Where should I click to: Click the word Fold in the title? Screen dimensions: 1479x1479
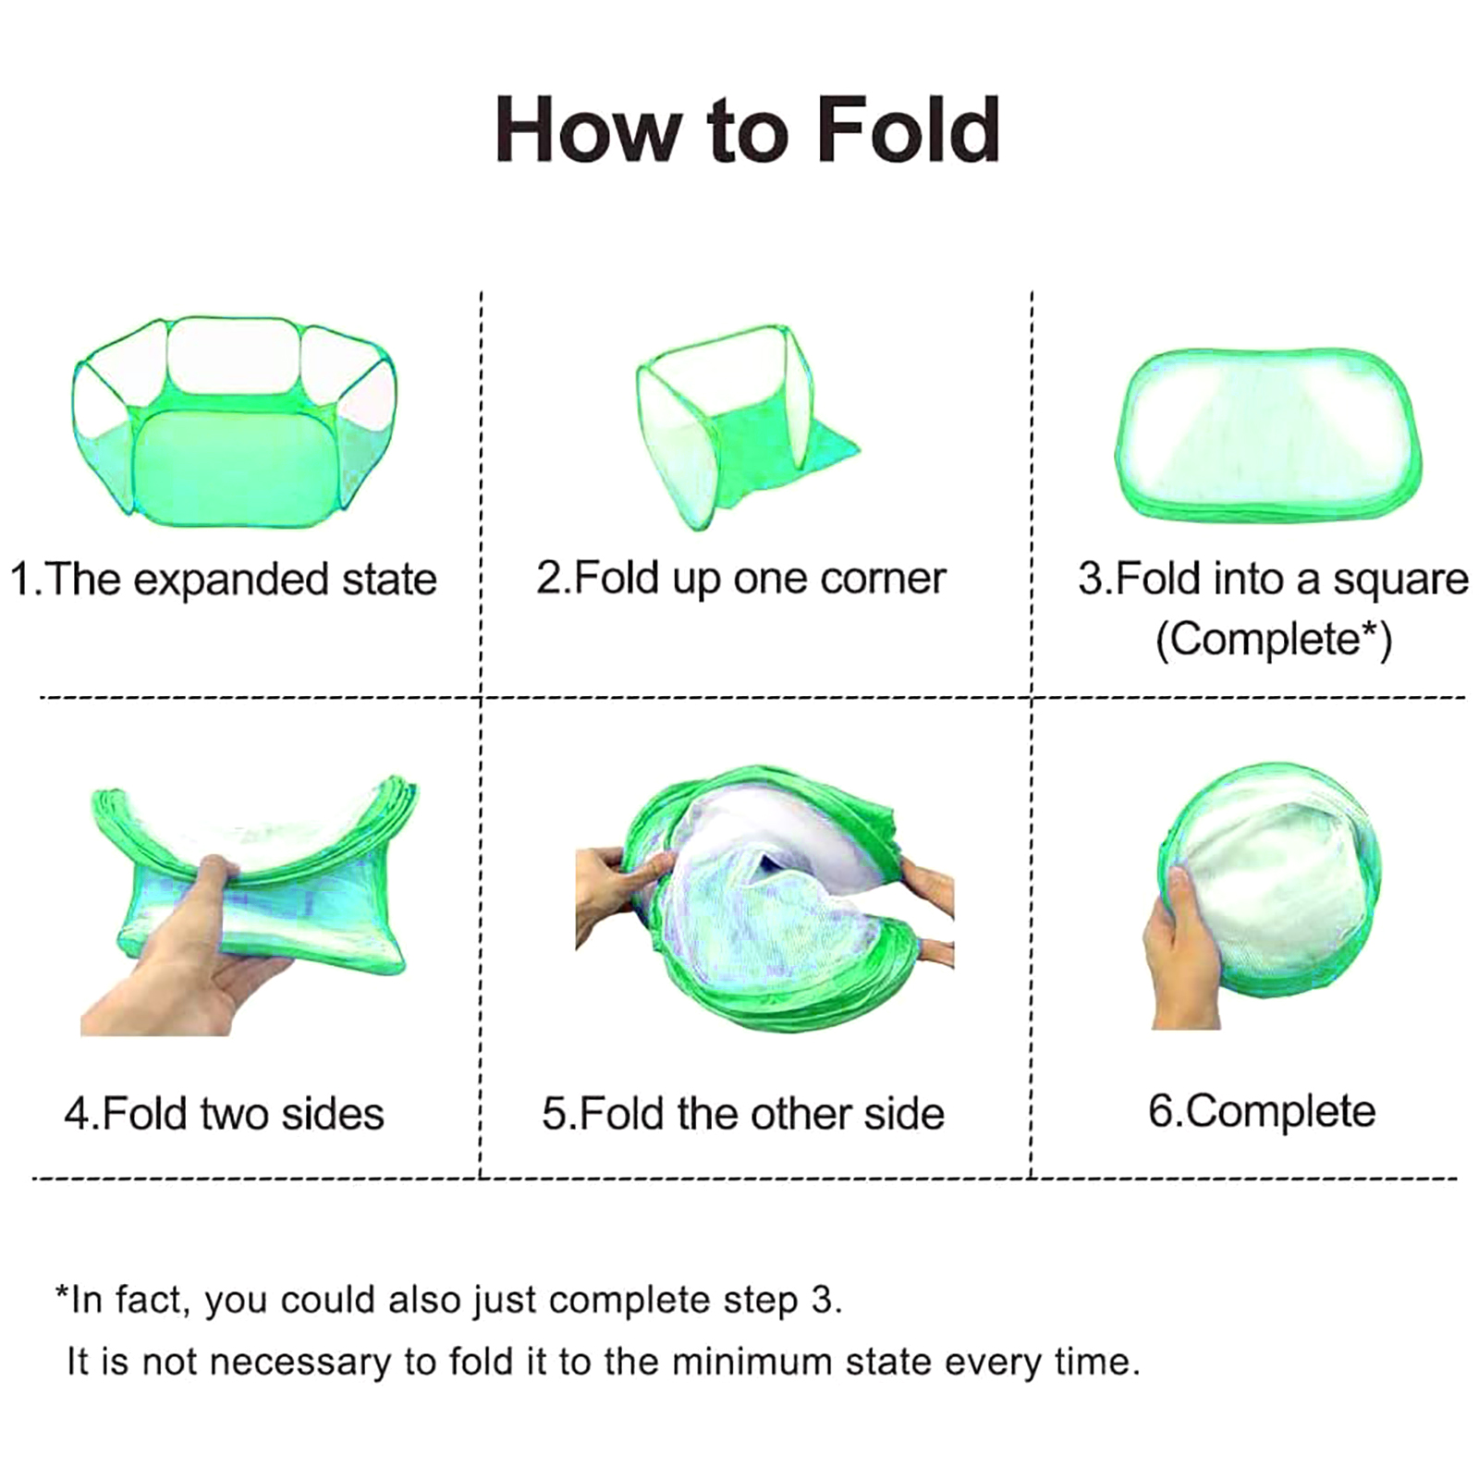pos(908,130)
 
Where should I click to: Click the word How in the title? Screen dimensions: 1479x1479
pos(588,130)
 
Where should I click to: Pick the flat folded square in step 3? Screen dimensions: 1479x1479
pos(1268,434)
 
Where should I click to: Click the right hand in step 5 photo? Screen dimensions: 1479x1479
pos(929,911)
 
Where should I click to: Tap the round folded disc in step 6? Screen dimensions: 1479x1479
pos(1280,887)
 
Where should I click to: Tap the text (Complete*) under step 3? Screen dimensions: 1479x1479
pos(1274,639)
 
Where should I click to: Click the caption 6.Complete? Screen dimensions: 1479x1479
pos(1261,1112)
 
